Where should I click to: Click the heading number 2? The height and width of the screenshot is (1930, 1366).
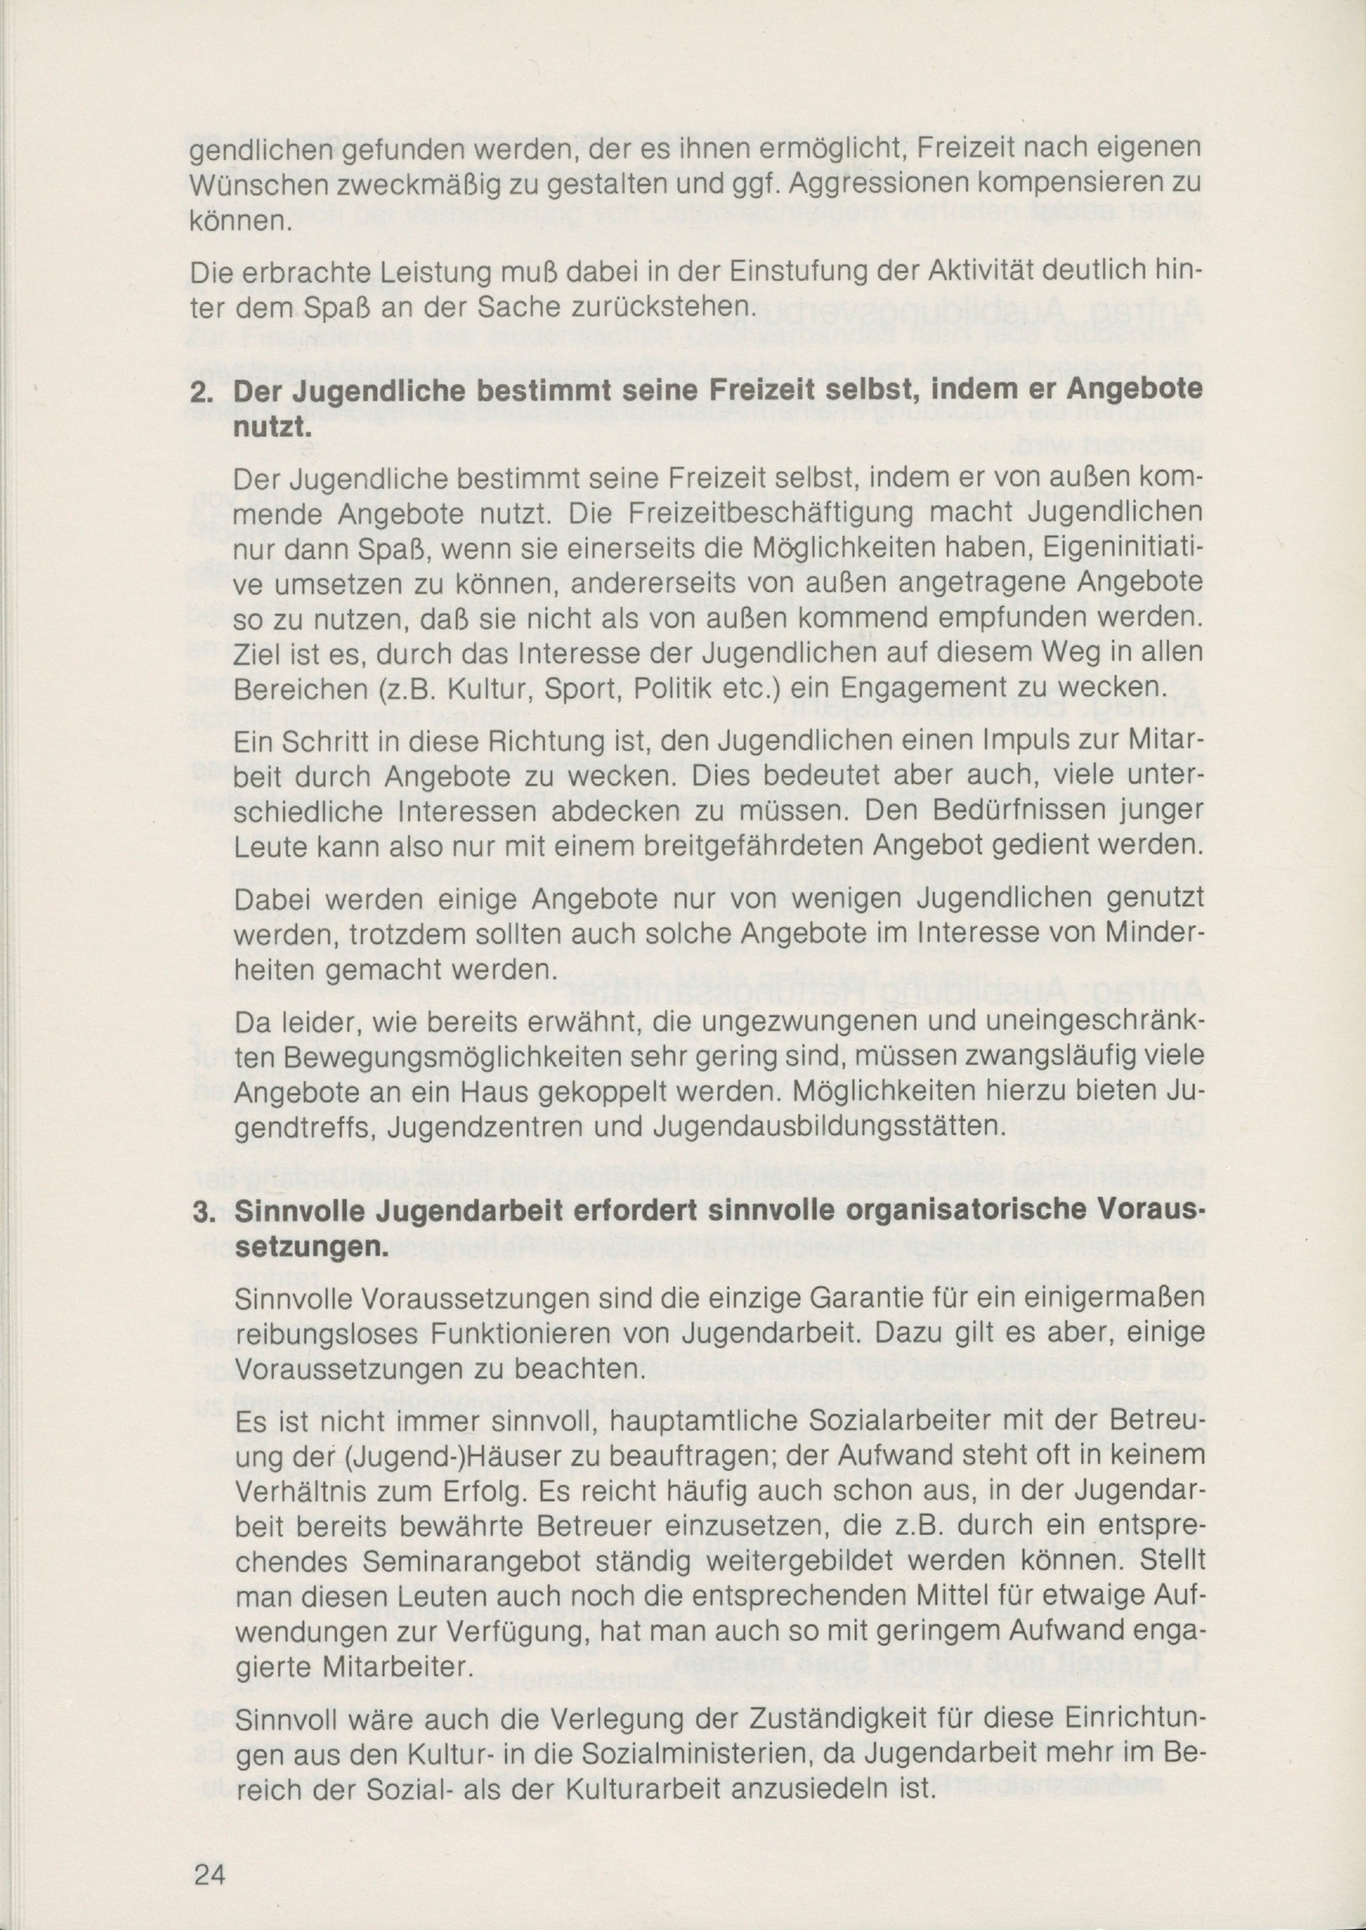202,394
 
